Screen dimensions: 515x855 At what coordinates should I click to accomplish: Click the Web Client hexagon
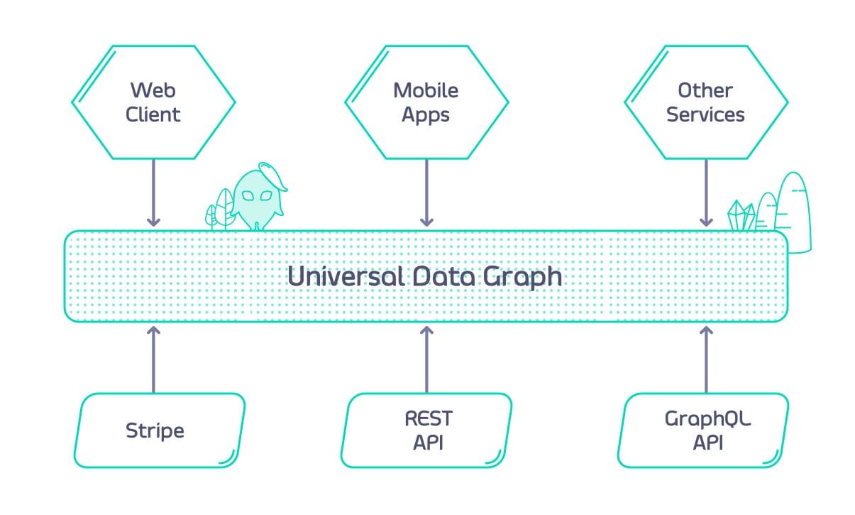click(x=153, y=102)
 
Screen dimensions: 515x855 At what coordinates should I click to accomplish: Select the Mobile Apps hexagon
click(x=426, y=102)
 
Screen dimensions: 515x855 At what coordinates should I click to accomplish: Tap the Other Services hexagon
click(x=706, y=102)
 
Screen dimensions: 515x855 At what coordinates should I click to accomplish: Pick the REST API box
click(x=426, y=430)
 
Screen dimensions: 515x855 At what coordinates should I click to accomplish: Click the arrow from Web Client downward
click(x=153, y=192)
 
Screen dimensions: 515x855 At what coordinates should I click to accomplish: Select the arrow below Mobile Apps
click(x=426, y=192)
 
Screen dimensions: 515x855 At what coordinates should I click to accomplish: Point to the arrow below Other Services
click(x=706, y=192)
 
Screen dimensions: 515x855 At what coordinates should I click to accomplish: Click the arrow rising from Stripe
click(x=153, y=359)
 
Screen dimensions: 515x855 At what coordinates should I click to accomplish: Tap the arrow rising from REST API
click(x=426, y=359)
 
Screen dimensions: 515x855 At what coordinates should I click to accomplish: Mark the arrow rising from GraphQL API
click(x=706, y=359)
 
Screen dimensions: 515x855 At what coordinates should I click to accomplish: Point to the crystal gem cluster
click(x=741, y=215)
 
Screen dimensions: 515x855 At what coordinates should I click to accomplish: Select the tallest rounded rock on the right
click(x=793, y=212)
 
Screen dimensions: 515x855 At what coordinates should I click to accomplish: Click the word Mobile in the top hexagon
click(x=426, y=90)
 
